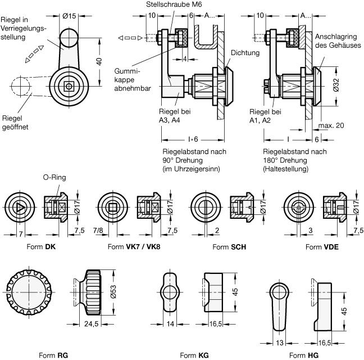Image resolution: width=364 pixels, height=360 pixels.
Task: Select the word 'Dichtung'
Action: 245,53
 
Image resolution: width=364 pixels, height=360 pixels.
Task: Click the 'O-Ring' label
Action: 54,178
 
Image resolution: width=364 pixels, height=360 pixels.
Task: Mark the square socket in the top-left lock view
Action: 68,86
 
